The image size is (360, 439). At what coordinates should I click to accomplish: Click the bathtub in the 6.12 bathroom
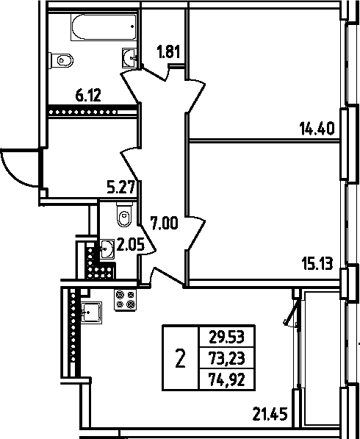click(x=104, y=27)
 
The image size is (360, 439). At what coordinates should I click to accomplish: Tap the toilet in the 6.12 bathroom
click(x=61, y=60)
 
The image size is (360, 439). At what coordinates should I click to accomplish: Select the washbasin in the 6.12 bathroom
click(x=129, y=57)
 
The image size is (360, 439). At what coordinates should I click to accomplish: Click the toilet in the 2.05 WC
click(x=124, y=215)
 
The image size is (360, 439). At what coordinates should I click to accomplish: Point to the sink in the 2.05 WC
click(x=107, y=249)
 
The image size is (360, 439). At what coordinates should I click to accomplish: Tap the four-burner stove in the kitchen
click(x=126, y=300)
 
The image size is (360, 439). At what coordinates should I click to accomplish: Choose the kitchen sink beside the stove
click(x=91, y=313)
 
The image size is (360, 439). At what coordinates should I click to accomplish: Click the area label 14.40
click(x=317, y=129)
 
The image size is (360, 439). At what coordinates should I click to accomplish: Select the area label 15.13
click(x=317, y=263)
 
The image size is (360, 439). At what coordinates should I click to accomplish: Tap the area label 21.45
click(x=270, y=414)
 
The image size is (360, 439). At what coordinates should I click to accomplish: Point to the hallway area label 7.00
click(x=164, y=224)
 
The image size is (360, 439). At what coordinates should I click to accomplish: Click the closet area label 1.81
click(x=168, y=51)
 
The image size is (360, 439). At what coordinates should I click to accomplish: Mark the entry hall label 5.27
click(x=121, y=188)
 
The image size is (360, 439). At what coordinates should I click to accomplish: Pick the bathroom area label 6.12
click(x=88, y=96)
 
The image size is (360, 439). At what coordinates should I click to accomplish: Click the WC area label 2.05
click(x=130, y=244)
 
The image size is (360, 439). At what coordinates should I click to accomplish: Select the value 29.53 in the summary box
click(x=227, y=337)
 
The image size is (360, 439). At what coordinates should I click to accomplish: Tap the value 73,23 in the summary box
click(x=227, y=359)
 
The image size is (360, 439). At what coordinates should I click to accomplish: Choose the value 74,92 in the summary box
click(x=227, y=380)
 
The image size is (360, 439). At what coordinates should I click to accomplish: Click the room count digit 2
click(x=181, y=358)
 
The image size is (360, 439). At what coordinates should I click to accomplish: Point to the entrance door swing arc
click(x=12, y=174)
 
